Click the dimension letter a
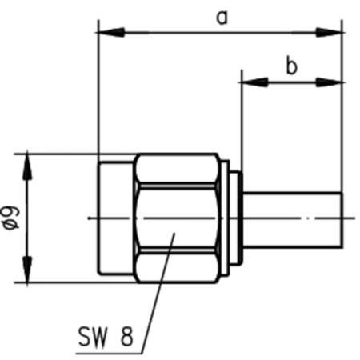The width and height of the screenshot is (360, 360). coord(220,17)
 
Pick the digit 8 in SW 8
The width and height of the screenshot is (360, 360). coord(126,338)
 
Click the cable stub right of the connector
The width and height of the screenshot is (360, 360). coord(292,218)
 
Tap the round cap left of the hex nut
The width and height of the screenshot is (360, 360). coord(115,218)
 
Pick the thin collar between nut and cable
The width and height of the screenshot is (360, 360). coord(232,218)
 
